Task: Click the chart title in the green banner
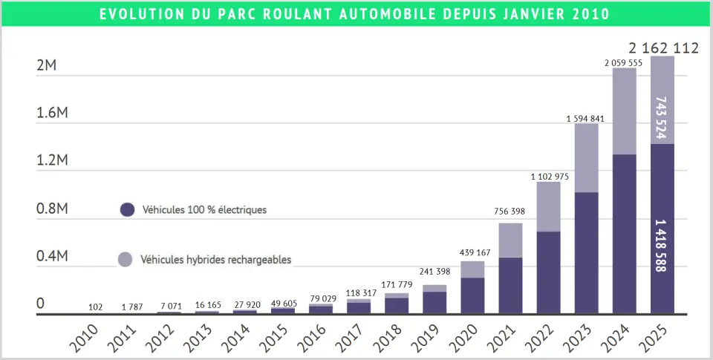click(x=356, y=14)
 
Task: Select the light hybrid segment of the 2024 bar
click(x=624, y=111)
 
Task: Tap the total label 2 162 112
click(x=663, y=48)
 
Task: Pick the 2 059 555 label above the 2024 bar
click(x=624, y=63)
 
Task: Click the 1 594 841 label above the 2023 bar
click(x=586, y=119)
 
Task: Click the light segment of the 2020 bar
click(x=472, y=269)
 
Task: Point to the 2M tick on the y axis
click(x=46, y=65)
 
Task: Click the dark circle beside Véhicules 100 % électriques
click(x=127, y=210)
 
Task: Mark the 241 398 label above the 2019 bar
click(x=434, y=272)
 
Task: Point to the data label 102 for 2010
click(x=95, y=307)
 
